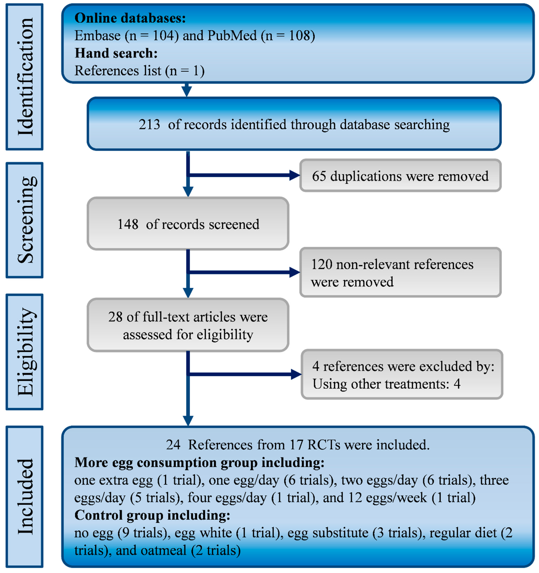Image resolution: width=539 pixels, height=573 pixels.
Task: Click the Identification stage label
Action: (x=25, y=77)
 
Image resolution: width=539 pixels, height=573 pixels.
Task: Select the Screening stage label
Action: (x=25, y=220)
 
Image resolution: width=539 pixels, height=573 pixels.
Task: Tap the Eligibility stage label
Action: (x=25, y=352)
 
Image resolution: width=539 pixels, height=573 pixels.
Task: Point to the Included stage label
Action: (x=25, y=496)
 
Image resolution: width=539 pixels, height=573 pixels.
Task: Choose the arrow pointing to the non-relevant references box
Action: (x=294, y=272)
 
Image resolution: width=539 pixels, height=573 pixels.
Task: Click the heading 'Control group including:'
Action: (x=152, y=515)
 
